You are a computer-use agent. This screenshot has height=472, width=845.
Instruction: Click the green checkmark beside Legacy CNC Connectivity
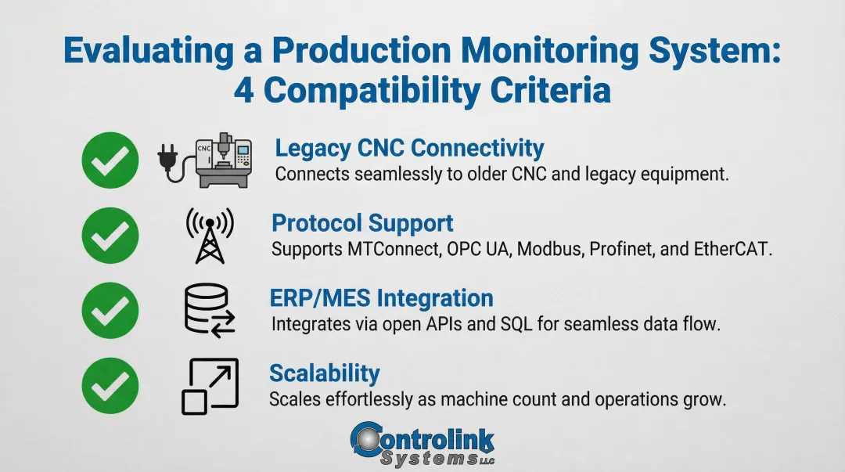(110, 160)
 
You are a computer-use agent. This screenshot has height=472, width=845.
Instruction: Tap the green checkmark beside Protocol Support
(110, 236)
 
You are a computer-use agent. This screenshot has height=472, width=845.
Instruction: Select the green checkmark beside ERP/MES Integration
(110, 312)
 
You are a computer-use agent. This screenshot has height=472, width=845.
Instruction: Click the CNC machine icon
(224, 161)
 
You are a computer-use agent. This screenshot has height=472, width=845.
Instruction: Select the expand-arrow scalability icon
(210, 386)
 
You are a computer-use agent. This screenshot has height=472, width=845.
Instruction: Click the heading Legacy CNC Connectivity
(409, 148)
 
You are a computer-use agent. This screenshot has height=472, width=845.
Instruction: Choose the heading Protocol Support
(362, 223)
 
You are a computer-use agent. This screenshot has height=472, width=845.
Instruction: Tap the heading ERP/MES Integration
(382, 298)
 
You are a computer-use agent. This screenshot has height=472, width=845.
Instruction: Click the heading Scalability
(325, 373)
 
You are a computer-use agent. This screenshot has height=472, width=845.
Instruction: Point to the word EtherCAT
(732, 250)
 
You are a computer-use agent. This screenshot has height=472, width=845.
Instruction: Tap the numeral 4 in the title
(246, 91)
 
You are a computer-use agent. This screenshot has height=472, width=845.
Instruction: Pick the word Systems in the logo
(426, 459)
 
